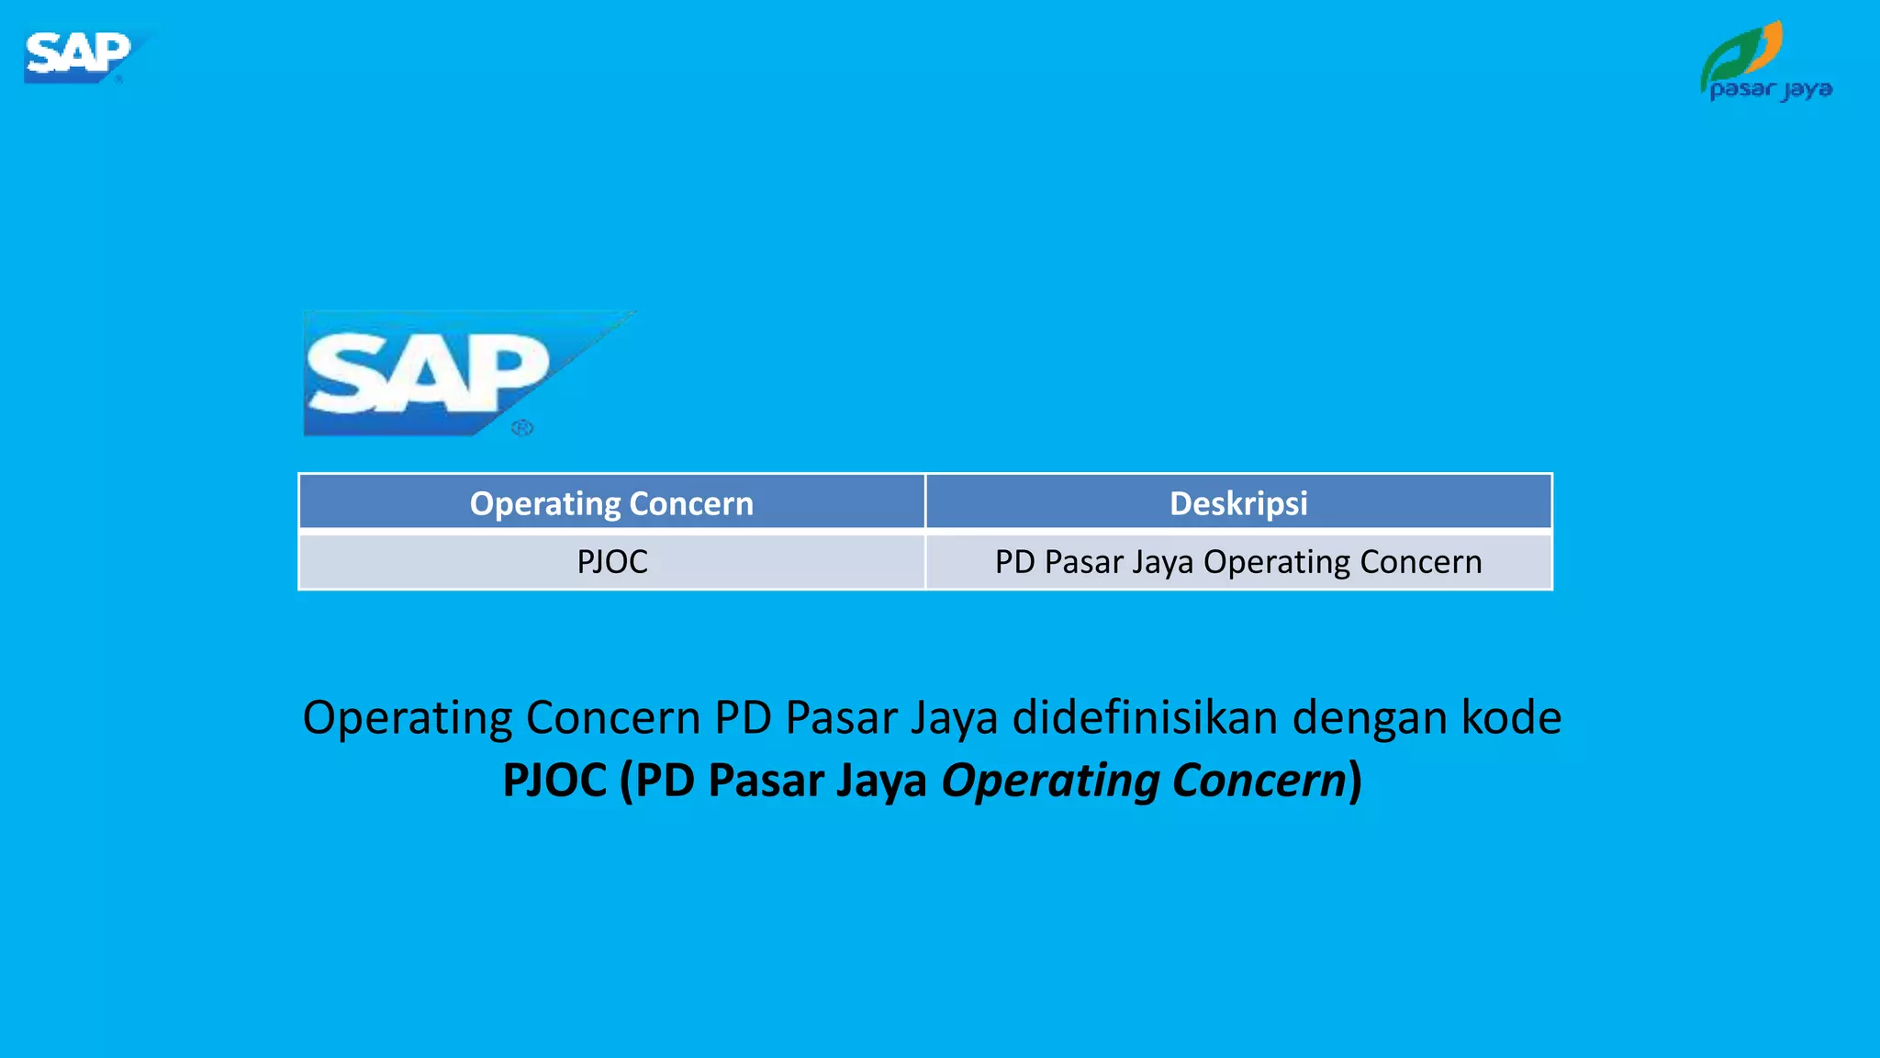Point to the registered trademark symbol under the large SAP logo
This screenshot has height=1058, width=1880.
pyautogui.click(x=521, y=428)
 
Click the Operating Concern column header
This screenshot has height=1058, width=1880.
pyautogui.click(x=611, y=503)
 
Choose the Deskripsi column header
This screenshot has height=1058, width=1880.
pyautogui.click(x=1238, y=503)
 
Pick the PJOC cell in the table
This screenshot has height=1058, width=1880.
pyautogui.click(x=612, y=561)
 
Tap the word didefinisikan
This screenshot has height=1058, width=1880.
pyautogui.click(x=1144, y=717)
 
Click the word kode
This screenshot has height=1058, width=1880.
pyautogui.click(x=1511, y=717)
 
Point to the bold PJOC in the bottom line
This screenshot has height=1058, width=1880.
pyautogui.click(x=554, y=781)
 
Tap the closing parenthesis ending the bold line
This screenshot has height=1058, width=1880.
pyautogui.click(x=1355, y=781)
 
